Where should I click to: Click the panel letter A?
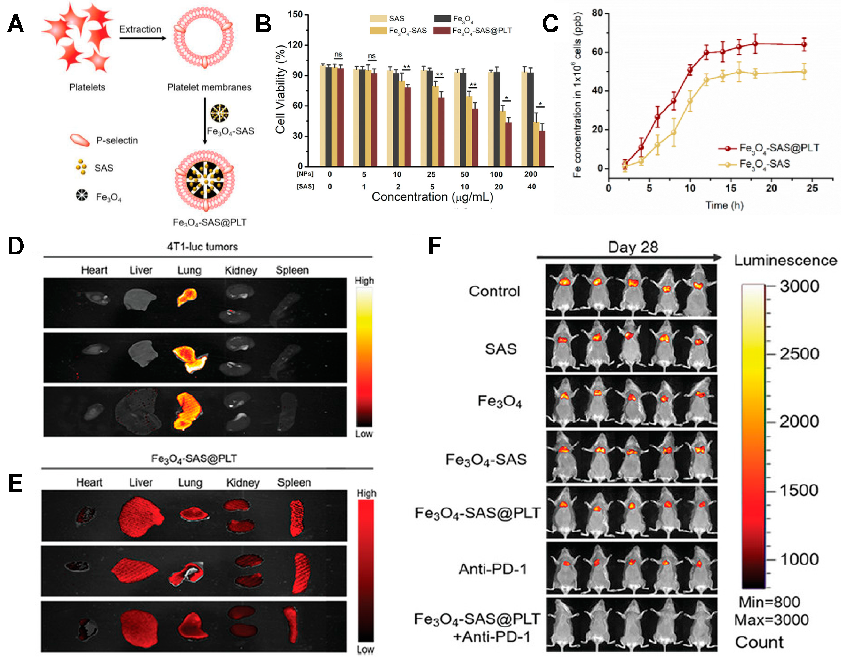16,24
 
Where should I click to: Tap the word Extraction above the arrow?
140,29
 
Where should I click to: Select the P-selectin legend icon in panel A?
80,140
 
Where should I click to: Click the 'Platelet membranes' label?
209,87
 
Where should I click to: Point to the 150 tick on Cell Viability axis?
295,15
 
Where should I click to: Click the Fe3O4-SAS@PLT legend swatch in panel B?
441,31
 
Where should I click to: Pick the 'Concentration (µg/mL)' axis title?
432,197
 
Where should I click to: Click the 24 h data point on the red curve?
804,44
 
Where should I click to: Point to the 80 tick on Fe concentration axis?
597,13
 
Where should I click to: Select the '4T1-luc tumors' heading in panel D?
202,247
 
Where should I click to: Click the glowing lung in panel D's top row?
187,297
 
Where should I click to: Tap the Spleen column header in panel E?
294,482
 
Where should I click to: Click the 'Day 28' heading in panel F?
633,247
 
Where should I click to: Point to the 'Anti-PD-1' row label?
493,569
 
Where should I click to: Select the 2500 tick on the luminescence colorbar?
799,354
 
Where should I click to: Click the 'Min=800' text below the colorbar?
769,602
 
